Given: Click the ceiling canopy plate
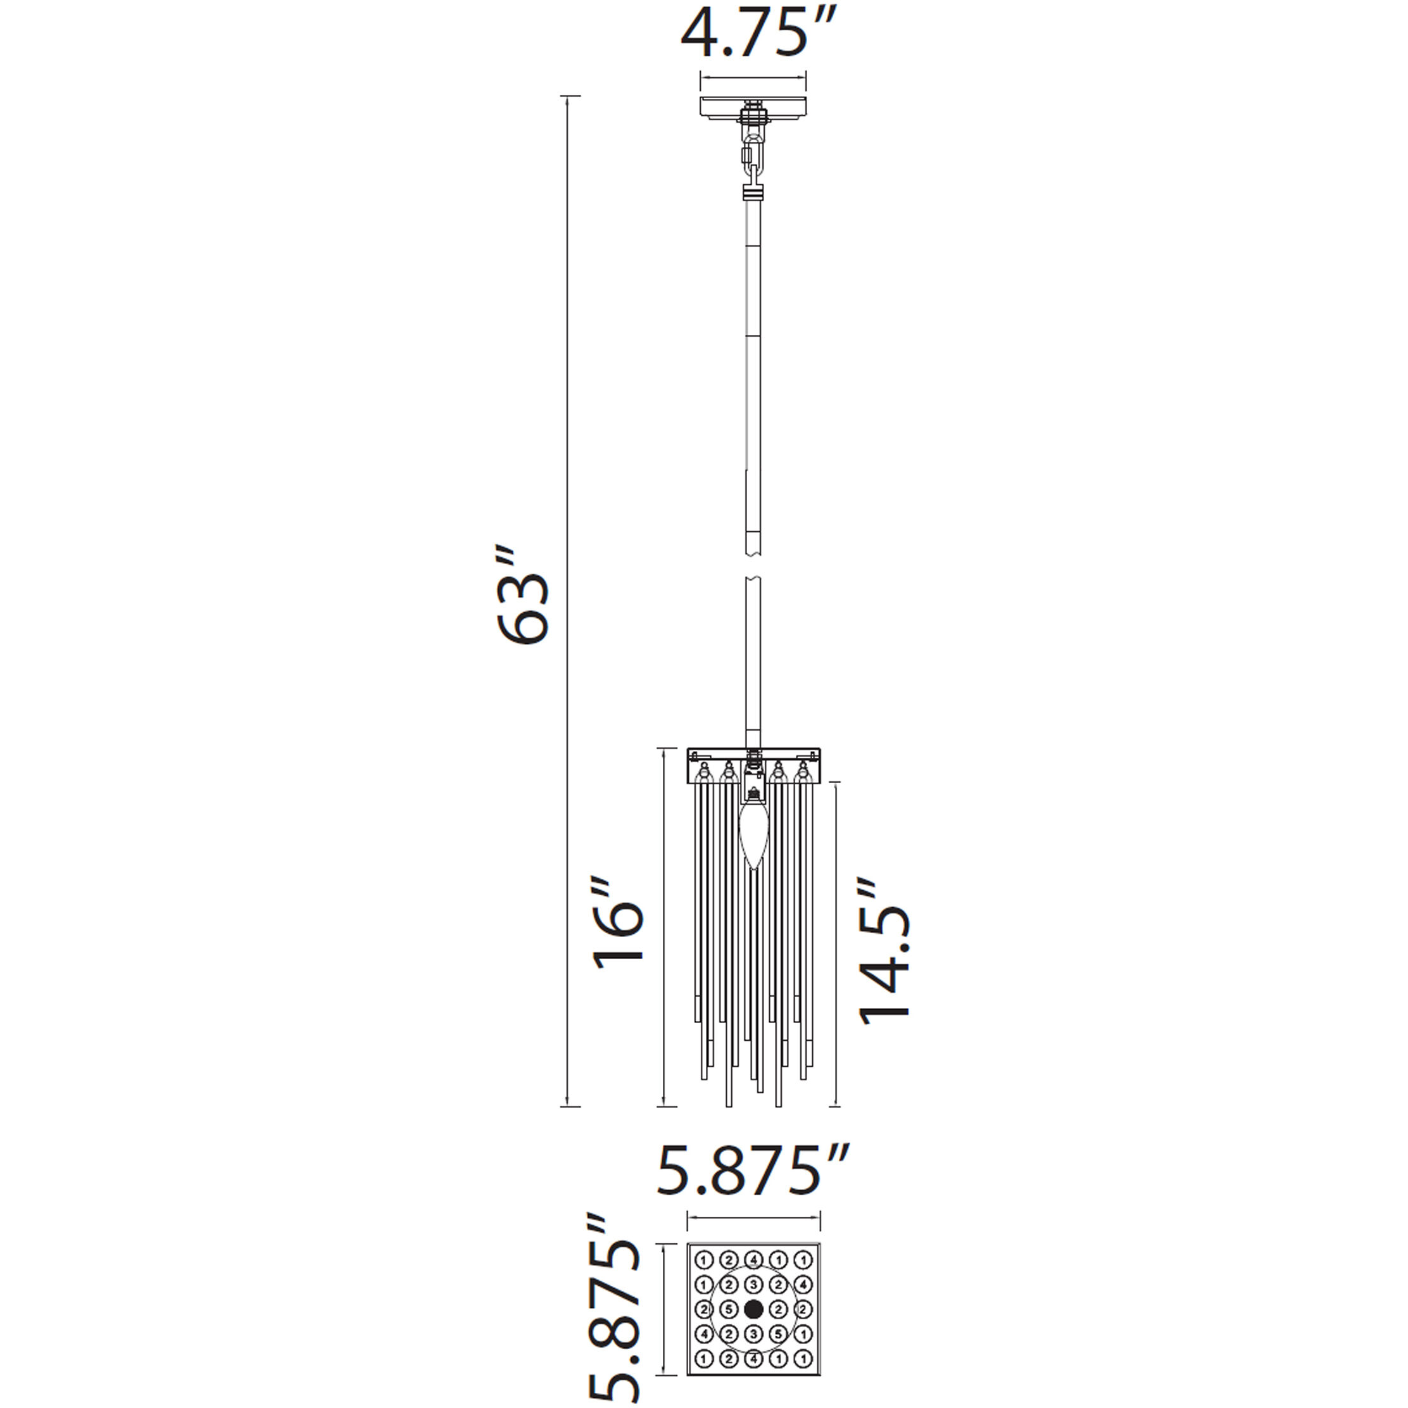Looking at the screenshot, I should click(x=753, y=107).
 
